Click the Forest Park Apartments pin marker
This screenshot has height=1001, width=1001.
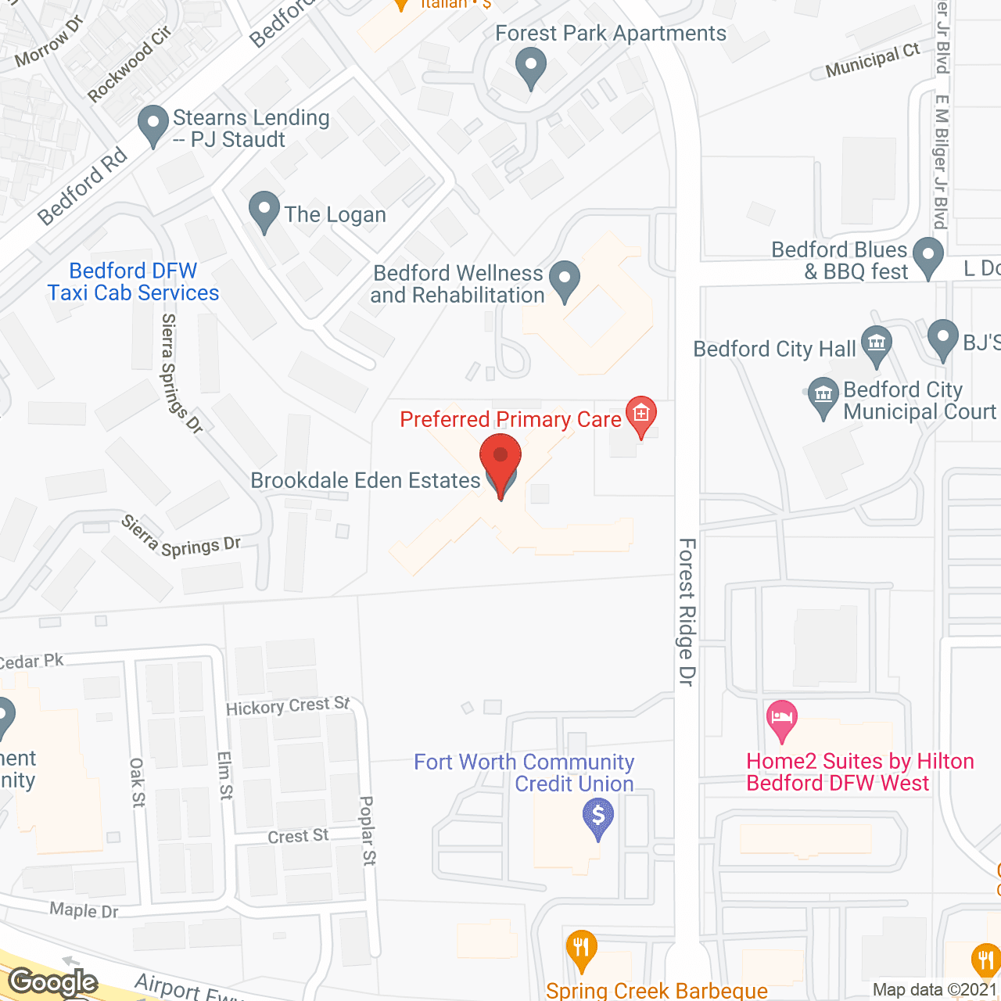point(531,67)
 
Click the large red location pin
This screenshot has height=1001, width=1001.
point(500,461)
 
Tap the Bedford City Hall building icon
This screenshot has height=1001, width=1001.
point(876,345)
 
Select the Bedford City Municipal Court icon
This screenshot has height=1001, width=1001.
point(823,396)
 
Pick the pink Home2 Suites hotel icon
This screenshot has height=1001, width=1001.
point(781,719)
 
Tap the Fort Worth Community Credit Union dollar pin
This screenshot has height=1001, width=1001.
point(598,817)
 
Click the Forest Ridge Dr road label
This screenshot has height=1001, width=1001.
point(687,612)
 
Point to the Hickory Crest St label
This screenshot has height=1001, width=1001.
point(288,706)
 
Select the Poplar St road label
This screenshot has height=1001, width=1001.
point(368,830)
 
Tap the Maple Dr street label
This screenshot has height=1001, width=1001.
point(84,910)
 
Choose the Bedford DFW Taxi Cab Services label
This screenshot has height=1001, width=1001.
point(133,282)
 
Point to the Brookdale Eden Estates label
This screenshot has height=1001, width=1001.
point(365,480)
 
